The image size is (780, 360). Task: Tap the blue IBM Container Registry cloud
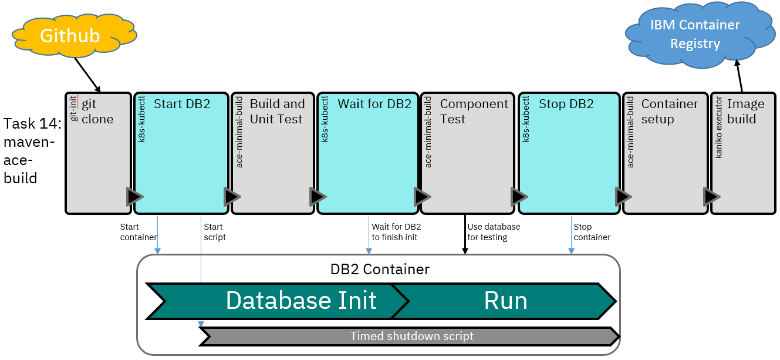[x=696, y=35]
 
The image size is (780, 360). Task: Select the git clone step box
[x=97, y=153]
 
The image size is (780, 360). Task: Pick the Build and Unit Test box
[x=272, y=153]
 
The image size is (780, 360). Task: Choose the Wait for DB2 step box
[x=367, y=153]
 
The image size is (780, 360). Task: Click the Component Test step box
[x=467, y=153]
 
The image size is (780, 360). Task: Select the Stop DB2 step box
[x=569, y=153]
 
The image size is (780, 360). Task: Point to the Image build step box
[x=742, y=153]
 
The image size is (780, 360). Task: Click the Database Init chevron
[x=276, y=301]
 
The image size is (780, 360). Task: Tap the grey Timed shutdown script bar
[x=411, y=337]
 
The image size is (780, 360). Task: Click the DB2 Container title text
[x=380, y=270]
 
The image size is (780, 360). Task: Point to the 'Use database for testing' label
[x=494, y=232]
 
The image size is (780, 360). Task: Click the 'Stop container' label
[x=592, y=232]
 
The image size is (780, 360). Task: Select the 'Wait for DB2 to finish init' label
[x=396, y=232]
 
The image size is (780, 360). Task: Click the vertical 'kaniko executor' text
[x=719, y=134]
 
